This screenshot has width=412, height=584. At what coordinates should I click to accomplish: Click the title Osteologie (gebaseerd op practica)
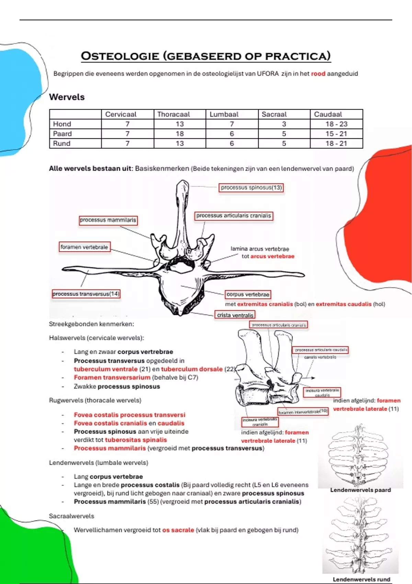click(x=206, y=56)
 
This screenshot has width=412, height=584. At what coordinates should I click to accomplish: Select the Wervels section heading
click(x=67, y=97)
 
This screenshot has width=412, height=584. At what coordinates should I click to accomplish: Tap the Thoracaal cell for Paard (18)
click(x=180, y=134)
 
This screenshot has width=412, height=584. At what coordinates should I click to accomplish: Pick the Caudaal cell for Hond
click(x=336, y=124)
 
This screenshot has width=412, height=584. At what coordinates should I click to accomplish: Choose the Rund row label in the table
click(x=62, y=143)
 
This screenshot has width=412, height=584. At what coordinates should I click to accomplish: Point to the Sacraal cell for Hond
click(x=284, y=124)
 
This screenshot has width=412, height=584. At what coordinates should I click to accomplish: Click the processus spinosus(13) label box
click(x=251, y=188)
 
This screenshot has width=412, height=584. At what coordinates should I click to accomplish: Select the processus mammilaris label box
click(x=108, y=220)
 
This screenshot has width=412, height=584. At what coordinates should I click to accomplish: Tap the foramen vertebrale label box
click(x=84, y=247)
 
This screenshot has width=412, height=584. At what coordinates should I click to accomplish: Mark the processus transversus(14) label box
click(x=86, y=294)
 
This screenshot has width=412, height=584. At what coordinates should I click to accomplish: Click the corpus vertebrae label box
click(x=248, y=294)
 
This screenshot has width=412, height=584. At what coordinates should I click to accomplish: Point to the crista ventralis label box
click(x=235, y=315)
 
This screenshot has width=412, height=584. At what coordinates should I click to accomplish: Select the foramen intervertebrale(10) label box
click(x=303, y=412)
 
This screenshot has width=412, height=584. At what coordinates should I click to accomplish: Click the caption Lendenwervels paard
click(x=360, y=490)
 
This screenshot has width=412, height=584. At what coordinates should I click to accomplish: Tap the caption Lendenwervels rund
click(x=362, y=579)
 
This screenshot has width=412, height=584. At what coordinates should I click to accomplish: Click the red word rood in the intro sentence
click(x=318, y=74)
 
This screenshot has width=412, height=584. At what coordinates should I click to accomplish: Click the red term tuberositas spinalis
click(x=136, y=440)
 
